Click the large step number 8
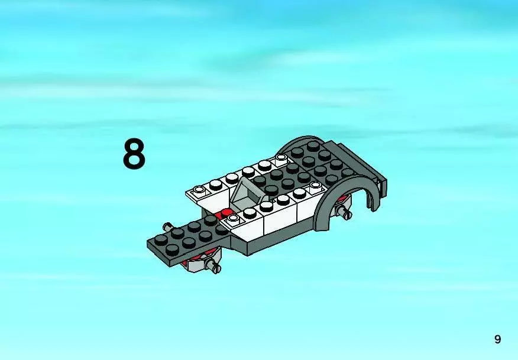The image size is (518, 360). click(134, 154)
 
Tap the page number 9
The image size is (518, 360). click(497, 339)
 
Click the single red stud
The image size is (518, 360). click(226, 212)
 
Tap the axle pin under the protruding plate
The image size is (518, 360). click(213, 266)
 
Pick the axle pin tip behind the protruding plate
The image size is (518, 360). click(168, 227)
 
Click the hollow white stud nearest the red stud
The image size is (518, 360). click(233, 218)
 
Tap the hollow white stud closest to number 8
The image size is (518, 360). click(199, 190)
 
